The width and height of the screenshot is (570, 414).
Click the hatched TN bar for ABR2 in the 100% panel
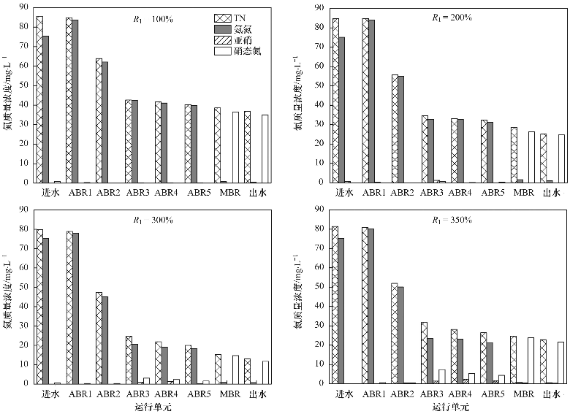point(99,120)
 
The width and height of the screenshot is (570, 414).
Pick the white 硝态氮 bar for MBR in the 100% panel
point(235,147)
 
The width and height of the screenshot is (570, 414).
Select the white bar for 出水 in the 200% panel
point(561,158)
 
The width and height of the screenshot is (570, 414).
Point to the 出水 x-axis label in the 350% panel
point(553,394)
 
